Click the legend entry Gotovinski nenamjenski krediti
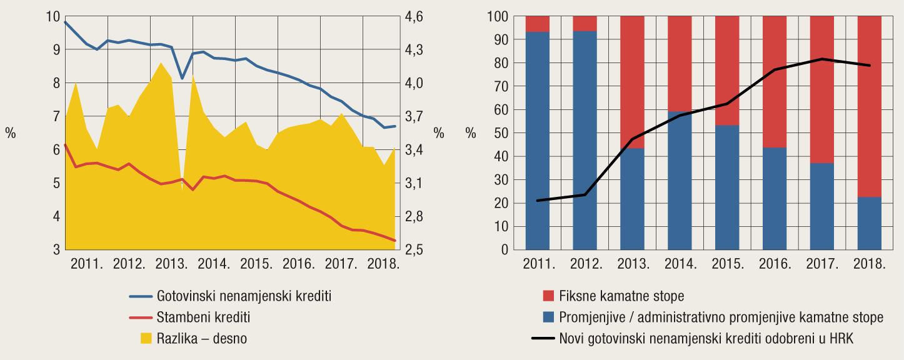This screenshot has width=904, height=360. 244,296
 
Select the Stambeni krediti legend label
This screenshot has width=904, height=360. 204,317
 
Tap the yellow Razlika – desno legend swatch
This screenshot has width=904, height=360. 146,338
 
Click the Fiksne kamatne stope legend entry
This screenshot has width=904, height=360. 621,296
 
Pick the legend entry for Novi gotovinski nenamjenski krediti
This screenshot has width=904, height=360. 706,338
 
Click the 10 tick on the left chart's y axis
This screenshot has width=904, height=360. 53,16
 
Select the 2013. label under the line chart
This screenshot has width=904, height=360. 171,263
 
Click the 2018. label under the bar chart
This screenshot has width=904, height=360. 870,263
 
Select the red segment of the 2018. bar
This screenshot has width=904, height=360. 869,106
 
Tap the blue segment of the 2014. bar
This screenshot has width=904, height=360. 680,181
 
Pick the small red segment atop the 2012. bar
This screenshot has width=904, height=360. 585,23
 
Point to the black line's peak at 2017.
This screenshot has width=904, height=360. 822,59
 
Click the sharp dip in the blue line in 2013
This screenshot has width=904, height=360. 182,78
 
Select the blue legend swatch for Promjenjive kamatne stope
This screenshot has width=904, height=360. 549,317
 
